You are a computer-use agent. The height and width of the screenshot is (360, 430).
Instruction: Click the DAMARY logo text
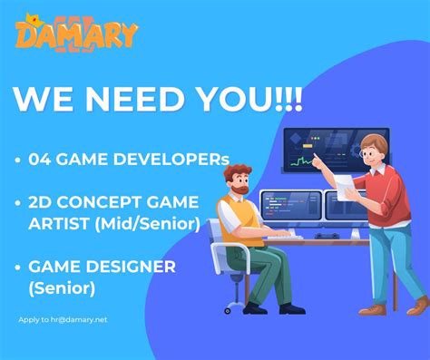[x=77, y=34]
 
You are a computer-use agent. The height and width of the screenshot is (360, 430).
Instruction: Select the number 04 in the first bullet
[x=40, y=161]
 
